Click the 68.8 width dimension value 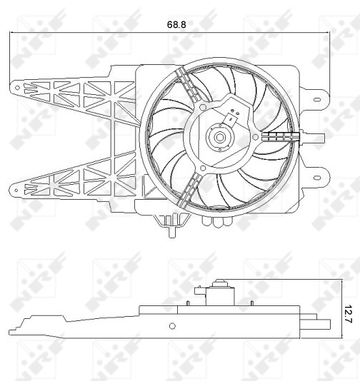click(x=176, y=24)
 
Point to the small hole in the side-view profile click(x=171, y=326)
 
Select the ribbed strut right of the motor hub click(x=280, y=135)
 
